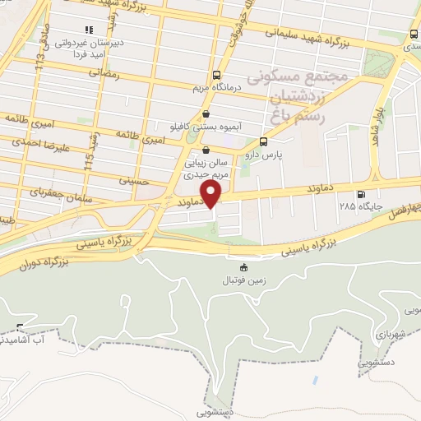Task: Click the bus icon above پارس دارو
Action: [x=263, y=141]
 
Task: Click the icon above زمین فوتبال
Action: [x=242, y=267]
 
